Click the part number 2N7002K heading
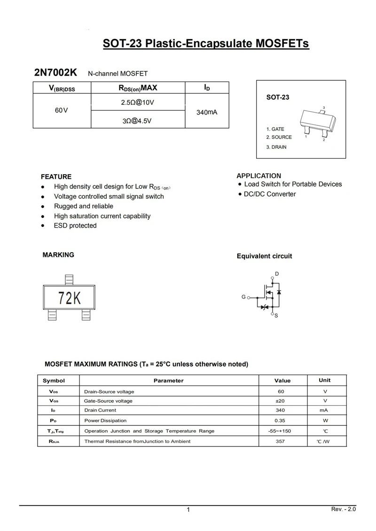(x=55, y=73)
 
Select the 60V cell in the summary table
(x=61, y=110)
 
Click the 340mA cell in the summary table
(x=207, y=112)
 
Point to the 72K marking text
(x=70, y=298)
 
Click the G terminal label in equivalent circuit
(x=243, y=297)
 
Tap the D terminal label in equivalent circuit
(x=277, y=274)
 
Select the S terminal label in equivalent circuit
(x=276, y=316)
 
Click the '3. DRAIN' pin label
(x=276, y=147)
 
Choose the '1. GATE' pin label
(x=275, y=129)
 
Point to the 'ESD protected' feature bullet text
(x=75, y=225)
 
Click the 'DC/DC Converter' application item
(x=270, y=194)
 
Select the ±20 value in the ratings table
(x=281, y=401)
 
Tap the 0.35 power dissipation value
(x=281, y=421)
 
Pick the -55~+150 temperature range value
(x=281, y=431)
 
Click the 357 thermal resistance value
(x=281, y=441)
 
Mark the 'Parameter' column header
(x=168, y=380)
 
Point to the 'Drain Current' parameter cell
(x=100, y=410)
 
